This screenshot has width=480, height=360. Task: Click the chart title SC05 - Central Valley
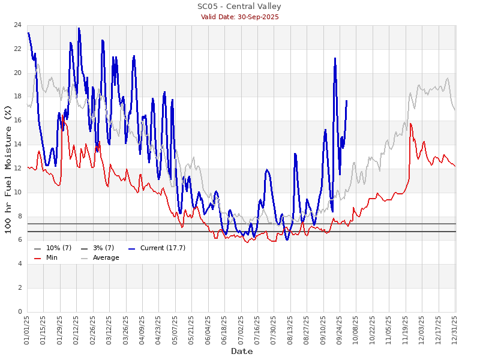239,7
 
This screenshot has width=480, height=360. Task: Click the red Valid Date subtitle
239,17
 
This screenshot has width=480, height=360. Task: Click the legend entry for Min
52,257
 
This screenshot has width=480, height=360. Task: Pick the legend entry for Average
106,257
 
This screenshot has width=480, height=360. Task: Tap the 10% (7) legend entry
59,248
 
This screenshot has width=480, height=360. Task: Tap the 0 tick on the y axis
19,311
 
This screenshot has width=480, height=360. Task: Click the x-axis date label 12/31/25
455,329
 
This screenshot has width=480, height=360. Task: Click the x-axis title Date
242,351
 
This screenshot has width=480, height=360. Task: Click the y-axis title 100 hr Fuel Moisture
8,169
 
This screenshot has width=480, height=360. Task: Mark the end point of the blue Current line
346,101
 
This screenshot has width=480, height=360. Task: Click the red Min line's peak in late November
410,124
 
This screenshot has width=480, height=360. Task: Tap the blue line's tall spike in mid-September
335,58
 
